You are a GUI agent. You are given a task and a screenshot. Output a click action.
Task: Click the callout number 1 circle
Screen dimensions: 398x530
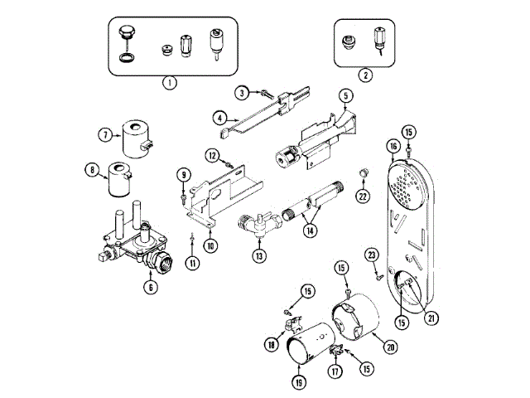coord(168,82)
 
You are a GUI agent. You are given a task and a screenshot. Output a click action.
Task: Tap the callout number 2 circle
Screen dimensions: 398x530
coord(365,74)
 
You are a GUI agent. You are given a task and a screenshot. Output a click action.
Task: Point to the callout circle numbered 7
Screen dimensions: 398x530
coord(105,134)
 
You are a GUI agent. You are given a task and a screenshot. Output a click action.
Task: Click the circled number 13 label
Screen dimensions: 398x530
coord(259,256)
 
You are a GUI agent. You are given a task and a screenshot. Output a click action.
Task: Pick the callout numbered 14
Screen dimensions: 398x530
coord(311,230)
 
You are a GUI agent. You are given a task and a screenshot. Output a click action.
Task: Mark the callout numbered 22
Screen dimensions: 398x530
coord(361,196)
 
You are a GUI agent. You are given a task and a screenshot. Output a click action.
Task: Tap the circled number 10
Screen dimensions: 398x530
coord(210,245)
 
